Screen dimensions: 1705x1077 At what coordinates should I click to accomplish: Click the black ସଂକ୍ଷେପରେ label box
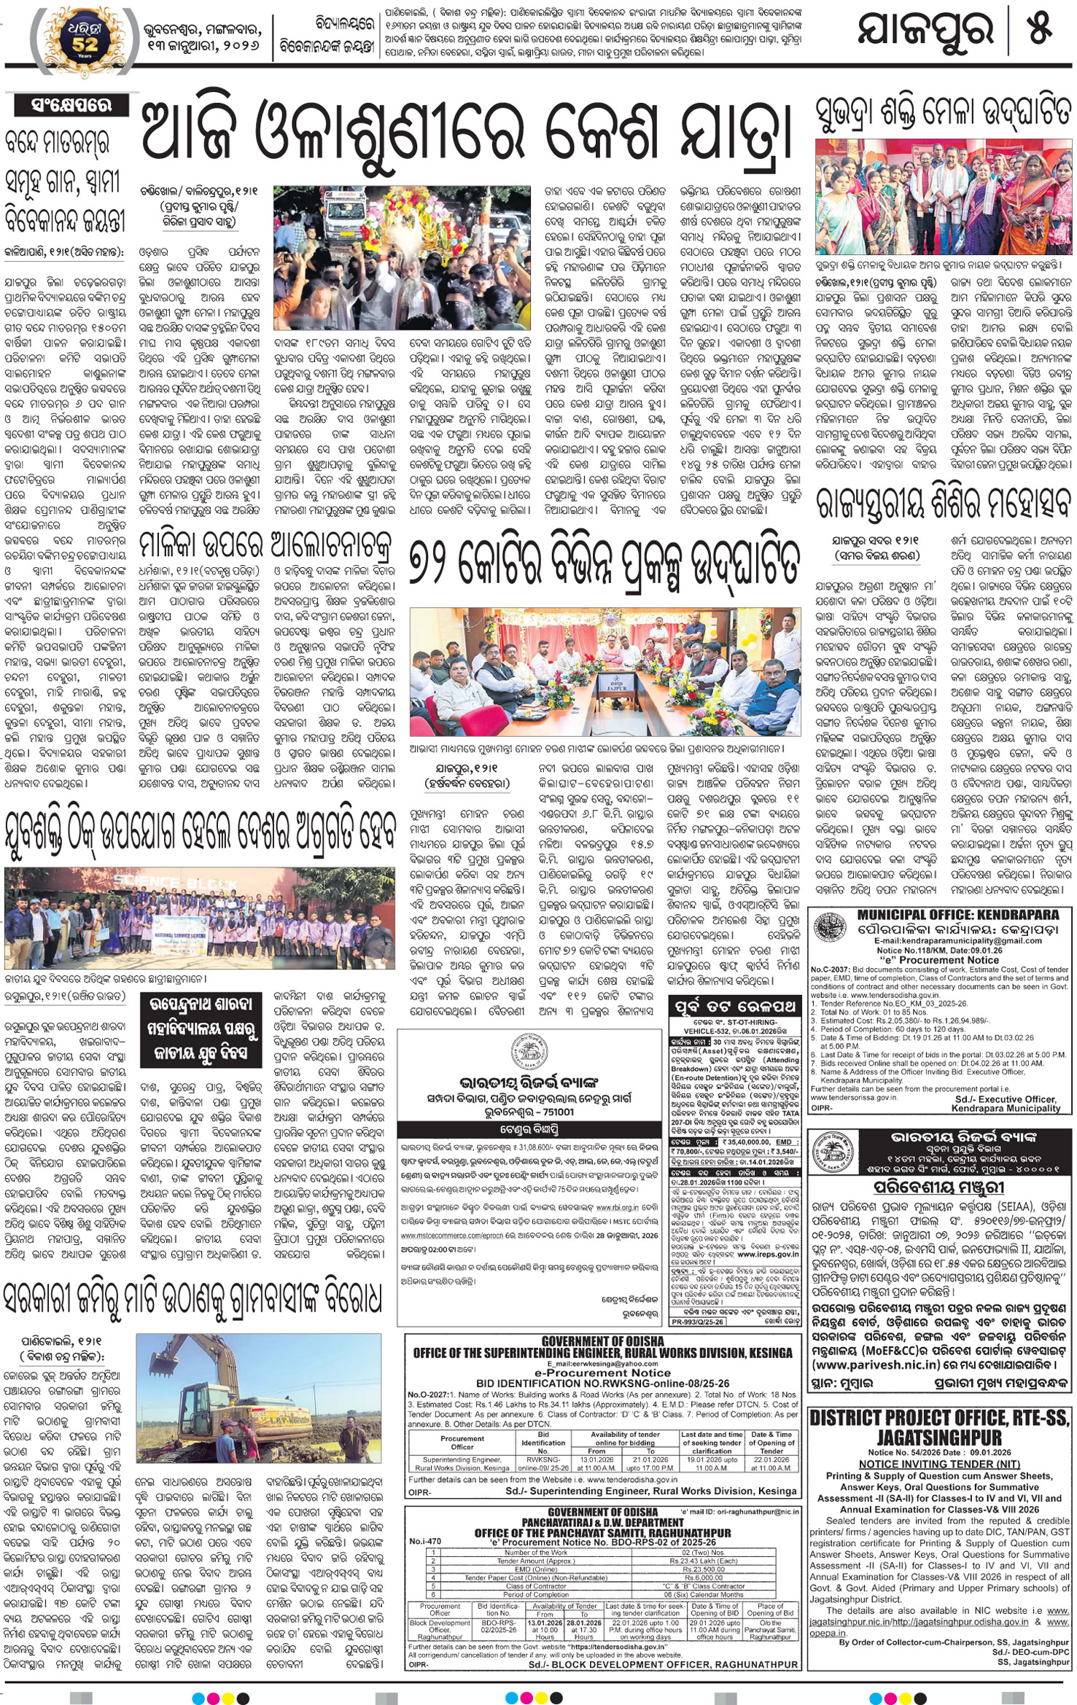[x=71, y=105]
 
